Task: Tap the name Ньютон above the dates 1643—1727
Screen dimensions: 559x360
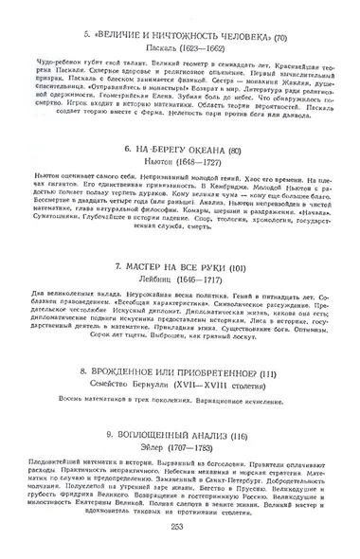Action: coord(152,163)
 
